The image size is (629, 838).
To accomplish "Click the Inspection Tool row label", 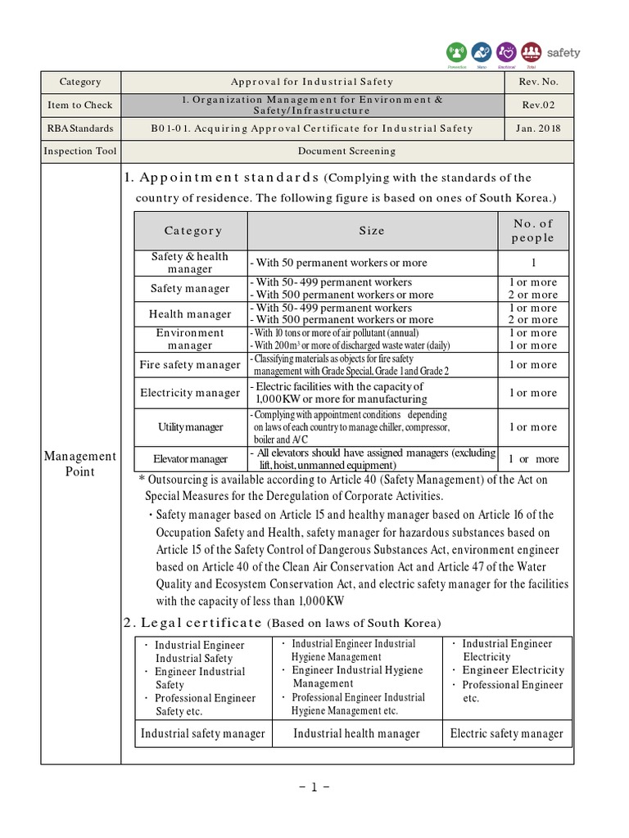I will tap(80, 151).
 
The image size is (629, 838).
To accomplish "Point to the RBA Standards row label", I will tap(80, 128).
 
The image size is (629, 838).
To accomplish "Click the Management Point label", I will tap(80, 463).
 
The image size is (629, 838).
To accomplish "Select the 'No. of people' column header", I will tap(533, 231).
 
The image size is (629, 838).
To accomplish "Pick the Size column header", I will tap(372, 231).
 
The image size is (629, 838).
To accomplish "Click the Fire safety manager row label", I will tap(190, 365).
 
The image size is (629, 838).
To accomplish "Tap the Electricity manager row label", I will tap(190, 393).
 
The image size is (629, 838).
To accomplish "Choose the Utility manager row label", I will tap(190, 427).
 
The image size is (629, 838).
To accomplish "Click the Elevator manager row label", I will tap(190, 459).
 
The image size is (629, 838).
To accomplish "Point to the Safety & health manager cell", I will tap(190, 263).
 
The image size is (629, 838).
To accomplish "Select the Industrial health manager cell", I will tap(356, 733).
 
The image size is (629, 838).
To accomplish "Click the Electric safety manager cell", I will tap(507, 733).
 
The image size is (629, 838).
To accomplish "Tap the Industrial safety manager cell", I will tap(203, 733).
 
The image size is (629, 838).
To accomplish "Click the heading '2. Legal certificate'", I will tap(193, 623).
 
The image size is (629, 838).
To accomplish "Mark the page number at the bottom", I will tap(314, 787).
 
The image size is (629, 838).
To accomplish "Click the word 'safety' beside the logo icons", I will tap(563, 52).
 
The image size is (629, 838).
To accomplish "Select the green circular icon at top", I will tap(459, 52).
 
